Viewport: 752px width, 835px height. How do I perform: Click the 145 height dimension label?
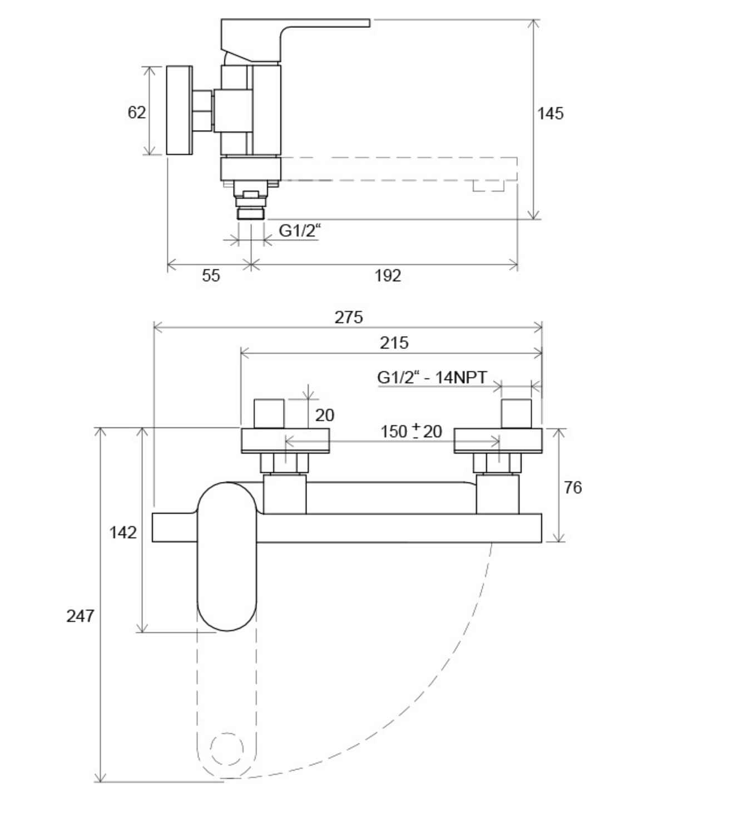550,114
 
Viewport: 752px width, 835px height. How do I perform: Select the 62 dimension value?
136,112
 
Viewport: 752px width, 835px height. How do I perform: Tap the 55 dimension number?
211,276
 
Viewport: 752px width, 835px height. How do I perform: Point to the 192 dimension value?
387,276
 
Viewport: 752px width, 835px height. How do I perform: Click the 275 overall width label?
348,317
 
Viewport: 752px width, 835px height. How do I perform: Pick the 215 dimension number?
394,343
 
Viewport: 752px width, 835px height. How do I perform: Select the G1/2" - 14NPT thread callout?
432,377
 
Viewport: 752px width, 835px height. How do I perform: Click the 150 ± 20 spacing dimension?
411,431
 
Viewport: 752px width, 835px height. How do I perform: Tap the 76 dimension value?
572,488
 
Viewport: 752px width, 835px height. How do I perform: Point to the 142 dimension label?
123,533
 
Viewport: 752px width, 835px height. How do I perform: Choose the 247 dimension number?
80,616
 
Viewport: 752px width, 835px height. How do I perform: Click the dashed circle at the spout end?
227,749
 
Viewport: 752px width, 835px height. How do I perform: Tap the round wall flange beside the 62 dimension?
179,110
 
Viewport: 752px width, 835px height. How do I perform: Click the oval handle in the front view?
227,557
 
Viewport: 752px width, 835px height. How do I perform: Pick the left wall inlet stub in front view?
269,414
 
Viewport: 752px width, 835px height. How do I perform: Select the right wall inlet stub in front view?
516,414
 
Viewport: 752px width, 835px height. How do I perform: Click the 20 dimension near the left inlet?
325,415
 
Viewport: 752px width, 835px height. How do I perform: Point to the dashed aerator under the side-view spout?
488,186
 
